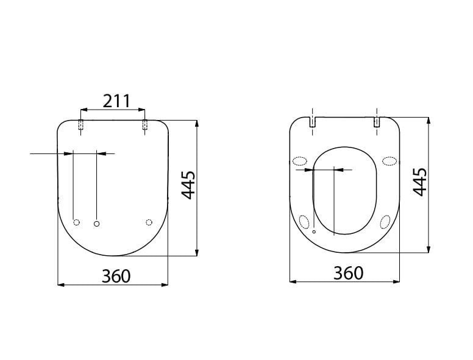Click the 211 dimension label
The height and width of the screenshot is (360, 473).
click(x=116, y=101)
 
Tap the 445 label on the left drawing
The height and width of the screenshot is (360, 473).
click(x=188, y=185)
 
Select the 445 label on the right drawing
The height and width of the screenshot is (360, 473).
click(x=420, y=182)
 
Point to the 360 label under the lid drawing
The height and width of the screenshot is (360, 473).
click(x=116, y=276)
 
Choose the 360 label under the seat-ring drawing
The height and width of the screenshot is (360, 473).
click(x=349, y=273)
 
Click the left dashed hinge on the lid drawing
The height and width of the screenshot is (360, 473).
click(x=80, y=124)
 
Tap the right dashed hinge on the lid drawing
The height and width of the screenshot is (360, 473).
click(x=145, y=124)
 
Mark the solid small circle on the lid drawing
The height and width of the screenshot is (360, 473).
click(x=96, y=224)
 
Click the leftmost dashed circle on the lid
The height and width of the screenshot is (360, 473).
click(x=77, y=222)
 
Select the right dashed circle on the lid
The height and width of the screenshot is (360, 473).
click(x=149, y=222)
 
